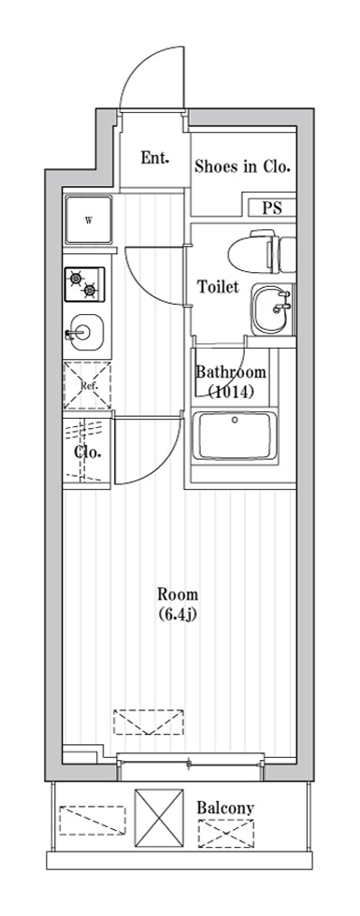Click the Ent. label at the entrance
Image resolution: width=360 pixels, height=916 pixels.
[x=155, y=158]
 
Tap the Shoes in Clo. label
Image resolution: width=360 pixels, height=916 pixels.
[x=242, y=167]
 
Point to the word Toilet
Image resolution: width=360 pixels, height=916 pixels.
[x=218, y=287]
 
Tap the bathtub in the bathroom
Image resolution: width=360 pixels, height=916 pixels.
[x=235, y=436]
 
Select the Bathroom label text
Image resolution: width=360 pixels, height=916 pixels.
[x=231, y=372]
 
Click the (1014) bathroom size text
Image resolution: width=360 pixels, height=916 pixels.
[x=231, y=392]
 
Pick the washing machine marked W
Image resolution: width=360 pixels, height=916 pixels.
[x=89, y=221]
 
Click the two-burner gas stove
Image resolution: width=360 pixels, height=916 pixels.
[x=85, y=284]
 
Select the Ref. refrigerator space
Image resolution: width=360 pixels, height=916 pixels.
[x=87, y=385]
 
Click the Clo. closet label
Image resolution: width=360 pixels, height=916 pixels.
[x=88, y=452]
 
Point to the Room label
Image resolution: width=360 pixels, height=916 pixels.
[x=178, y=595]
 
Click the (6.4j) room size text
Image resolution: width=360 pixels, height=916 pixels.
[x=178, y=615]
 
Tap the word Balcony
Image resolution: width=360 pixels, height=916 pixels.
[x=225, y=809]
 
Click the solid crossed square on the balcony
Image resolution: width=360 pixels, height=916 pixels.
[x=158, y=817]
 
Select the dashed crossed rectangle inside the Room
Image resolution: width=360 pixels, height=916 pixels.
[x=149, y=722]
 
